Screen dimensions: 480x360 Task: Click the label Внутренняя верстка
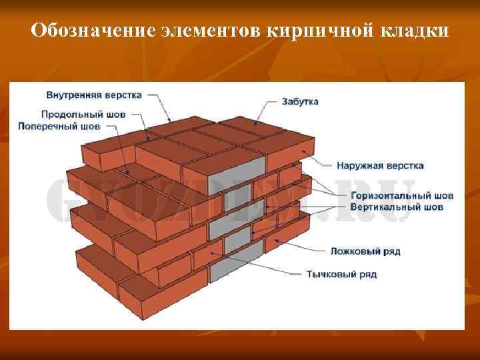(x=94, y=95)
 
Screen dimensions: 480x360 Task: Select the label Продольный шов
(x=83, y=114)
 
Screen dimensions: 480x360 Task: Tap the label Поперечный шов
(x=59, y=125)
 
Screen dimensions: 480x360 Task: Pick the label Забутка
(x=299, y=101)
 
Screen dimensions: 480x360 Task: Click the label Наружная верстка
(x=380, y=165)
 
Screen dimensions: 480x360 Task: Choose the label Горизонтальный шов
(x=402, y=195)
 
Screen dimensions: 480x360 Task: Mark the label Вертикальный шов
(x=397, y=207)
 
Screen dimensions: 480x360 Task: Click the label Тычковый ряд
(x=343, y=274)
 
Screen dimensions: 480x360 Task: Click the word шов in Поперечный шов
(x=89, y=125)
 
